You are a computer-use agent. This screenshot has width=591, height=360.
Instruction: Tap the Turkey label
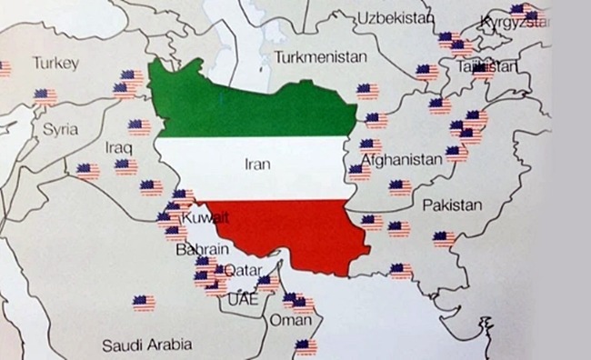pos(56,63)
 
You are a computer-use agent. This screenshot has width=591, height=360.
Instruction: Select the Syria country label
pos(61,129)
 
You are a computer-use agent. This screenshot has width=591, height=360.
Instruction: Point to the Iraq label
pos(119,146)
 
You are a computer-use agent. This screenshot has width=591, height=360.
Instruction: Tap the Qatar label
pos(242,269)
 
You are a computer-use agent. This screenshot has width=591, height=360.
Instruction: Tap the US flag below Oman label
pos(306,346)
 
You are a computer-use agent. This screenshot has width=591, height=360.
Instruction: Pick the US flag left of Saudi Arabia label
pos(143,303)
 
